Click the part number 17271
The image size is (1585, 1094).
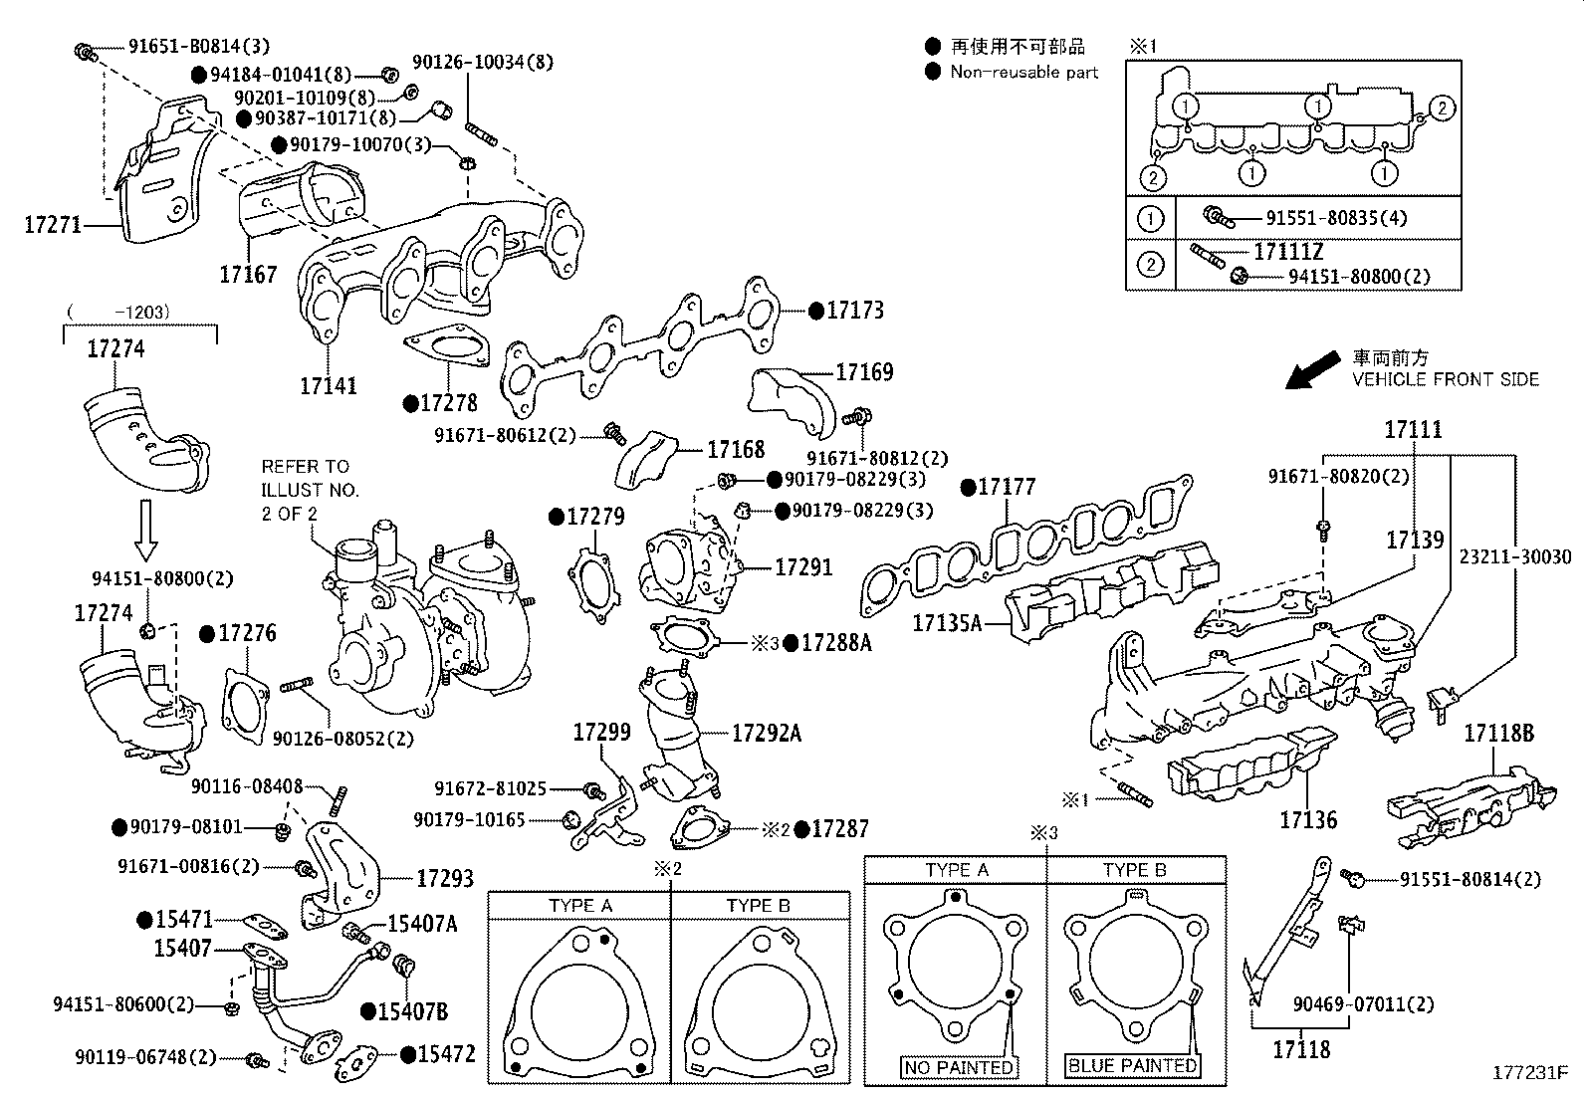[x=53, y=225]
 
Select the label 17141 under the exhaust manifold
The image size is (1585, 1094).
[x=329, y=385]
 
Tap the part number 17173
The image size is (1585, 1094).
[x=854, y=311]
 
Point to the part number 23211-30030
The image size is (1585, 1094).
[x=1515, y=556]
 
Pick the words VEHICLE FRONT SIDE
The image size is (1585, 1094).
[x=1445, y=379]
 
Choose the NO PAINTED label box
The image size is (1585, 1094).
[x=959, y=1067]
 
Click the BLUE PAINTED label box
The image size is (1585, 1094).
[x=1132, y=1065]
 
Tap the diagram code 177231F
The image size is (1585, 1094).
[x=1529, y=1073]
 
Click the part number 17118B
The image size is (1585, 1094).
[x=1498, y=735]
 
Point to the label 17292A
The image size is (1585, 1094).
[x=766, y=734]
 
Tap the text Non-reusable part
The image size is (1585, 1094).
[x=1023, y=72]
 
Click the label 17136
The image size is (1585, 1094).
[x=1308, y=820]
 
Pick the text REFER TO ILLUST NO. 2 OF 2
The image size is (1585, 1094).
[x=310, y=490]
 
